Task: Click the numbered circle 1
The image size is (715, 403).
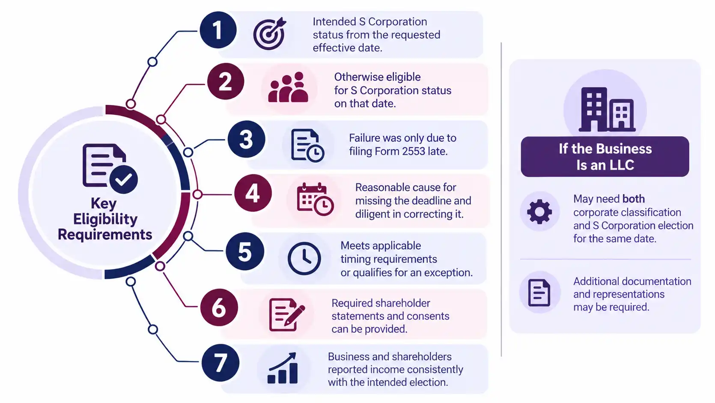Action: [218, 30]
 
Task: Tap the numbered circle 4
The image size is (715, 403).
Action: [253, 193]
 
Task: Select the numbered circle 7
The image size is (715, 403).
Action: [220, 362]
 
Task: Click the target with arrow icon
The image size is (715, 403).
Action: [270, 33]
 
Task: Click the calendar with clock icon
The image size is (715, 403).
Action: [315, 199]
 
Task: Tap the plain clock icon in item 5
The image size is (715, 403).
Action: [304, 258]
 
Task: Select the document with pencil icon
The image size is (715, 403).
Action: [287, 315]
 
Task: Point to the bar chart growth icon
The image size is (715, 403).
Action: [283, 368]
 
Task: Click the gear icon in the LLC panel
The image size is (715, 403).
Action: [539, 212]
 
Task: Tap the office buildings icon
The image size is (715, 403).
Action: [607, 109]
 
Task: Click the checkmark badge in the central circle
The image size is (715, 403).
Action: [124, 179]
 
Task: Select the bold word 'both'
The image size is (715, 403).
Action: [634, 199]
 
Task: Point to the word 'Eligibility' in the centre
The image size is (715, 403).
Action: [105, 219]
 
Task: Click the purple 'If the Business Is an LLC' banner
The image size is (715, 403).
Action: [605, 156]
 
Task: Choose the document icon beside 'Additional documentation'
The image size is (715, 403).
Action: [539, 293]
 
